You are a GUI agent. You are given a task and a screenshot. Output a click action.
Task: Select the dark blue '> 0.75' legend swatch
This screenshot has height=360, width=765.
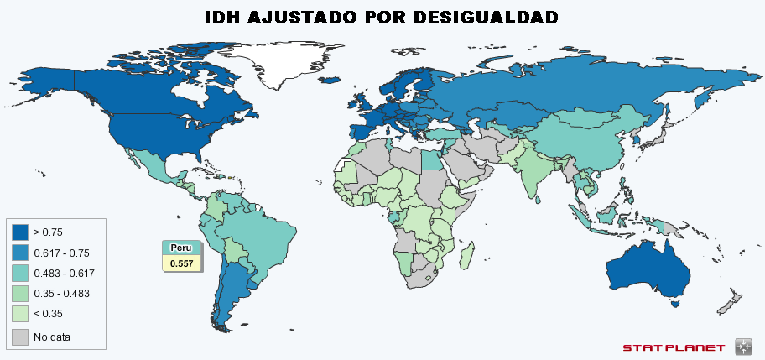[20, 232]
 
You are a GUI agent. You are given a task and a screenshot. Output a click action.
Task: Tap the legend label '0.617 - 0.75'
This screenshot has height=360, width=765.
[61, 253]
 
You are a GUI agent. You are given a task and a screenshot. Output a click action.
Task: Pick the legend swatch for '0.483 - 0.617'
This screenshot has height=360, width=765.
[20, 273]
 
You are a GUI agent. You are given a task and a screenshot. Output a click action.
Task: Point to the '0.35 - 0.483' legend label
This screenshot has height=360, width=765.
[61, 293]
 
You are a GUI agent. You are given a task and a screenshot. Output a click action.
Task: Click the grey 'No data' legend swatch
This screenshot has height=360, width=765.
[20, 337]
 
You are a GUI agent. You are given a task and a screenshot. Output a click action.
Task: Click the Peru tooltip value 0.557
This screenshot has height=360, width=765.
[181, 263]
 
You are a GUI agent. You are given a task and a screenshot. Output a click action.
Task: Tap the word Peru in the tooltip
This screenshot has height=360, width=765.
[181, 248]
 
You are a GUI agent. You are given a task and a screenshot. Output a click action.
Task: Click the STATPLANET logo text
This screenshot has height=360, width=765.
[674, 347]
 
